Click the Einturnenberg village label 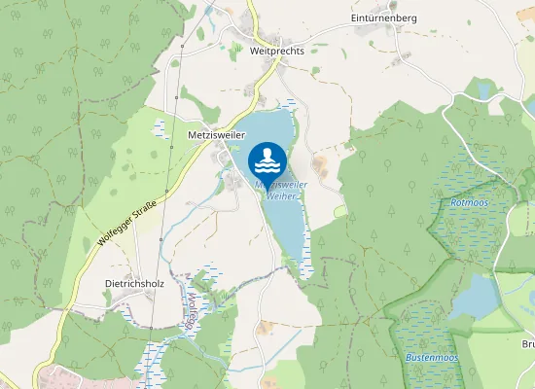point(383,18)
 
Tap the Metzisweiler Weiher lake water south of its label point(288,229)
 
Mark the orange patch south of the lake point(270,382)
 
